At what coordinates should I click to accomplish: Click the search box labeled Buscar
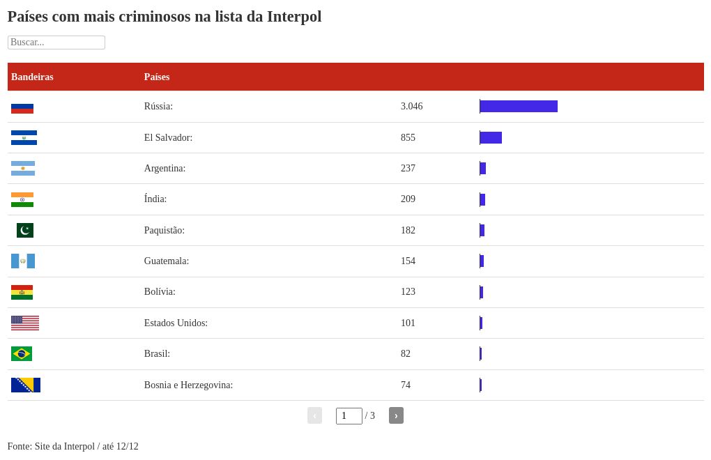[x=56, y=43]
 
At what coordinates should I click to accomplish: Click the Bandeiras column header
[x=32, y=77]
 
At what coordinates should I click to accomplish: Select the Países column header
[x=157, y=77]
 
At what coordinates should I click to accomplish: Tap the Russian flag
[x=22, y=107]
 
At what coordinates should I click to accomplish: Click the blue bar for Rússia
[x=519, y=107]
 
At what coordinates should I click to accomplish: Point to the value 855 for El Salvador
[x=408, y=138]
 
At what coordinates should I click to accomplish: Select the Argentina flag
[x=23, y=169]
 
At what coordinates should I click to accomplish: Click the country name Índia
[x=155, y=199]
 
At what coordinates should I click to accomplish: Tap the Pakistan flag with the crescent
[x=25, y=230]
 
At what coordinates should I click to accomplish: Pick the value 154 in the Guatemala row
[x=408, y=261]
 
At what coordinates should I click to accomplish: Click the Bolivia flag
[x=22, y=292]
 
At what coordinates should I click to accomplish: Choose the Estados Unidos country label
[x=176, y=323]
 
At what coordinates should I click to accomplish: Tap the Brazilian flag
[x=22, y=354]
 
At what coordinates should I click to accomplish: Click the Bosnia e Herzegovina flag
[x=26, y=385]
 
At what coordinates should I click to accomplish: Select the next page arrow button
[x=396, y=415]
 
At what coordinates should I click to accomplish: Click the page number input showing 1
[x=349, y=416]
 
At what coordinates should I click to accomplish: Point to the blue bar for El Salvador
[x=491, y=138]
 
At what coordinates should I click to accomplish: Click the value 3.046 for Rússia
[x=411, y=107]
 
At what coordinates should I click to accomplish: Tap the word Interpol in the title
[x=293, y=17]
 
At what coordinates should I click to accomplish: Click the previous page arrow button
[x=314, y=415]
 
